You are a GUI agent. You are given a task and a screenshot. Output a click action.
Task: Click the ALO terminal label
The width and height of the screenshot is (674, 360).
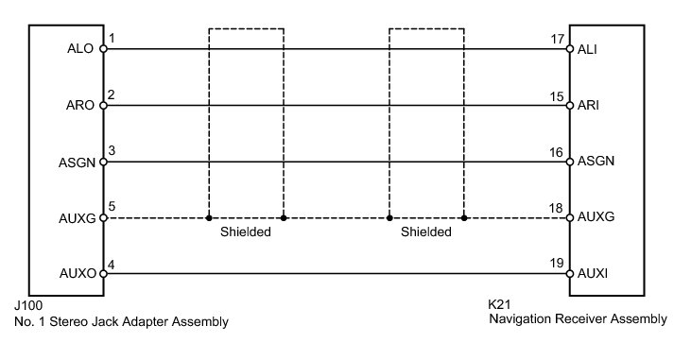(80, 48)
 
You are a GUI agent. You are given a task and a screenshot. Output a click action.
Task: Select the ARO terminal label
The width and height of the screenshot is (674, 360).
(80, 105)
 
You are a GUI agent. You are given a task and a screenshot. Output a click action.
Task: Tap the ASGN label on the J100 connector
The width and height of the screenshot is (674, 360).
(77, 163)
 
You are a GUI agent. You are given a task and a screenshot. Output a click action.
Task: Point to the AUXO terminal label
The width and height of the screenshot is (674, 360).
(78, 274)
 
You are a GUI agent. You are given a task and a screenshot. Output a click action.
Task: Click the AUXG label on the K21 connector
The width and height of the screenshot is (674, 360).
(596, 217)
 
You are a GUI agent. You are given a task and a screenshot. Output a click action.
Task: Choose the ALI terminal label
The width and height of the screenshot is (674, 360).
(587, 49)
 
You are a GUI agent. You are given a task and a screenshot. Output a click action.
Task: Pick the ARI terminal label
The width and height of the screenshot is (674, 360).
(588, 105)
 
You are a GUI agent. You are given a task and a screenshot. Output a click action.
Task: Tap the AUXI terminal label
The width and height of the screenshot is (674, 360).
(593, 274)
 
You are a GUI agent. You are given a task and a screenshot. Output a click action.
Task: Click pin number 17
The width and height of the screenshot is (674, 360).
(557, 39)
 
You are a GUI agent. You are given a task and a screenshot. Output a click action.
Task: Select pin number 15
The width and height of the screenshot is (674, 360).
(557, 96)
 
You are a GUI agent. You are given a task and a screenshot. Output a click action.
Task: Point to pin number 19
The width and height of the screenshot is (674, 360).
(557, 263)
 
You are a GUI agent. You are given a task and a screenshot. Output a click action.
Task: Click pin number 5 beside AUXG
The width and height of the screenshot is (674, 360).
(112, 206)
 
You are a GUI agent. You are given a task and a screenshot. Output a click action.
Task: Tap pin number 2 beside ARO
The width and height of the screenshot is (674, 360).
(111, 94)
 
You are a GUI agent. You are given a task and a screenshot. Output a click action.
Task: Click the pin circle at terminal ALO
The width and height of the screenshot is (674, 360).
(103, 49)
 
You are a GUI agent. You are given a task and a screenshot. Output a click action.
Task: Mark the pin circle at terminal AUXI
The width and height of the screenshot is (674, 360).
(570, 274)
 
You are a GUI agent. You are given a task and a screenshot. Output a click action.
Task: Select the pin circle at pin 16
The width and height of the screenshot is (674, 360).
(570, 162)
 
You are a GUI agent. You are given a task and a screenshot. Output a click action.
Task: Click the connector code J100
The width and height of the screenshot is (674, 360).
(28, 305)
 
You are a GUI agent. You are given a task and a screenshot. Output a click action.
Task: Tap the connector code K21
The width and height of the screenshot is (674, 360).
(499, 304)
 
